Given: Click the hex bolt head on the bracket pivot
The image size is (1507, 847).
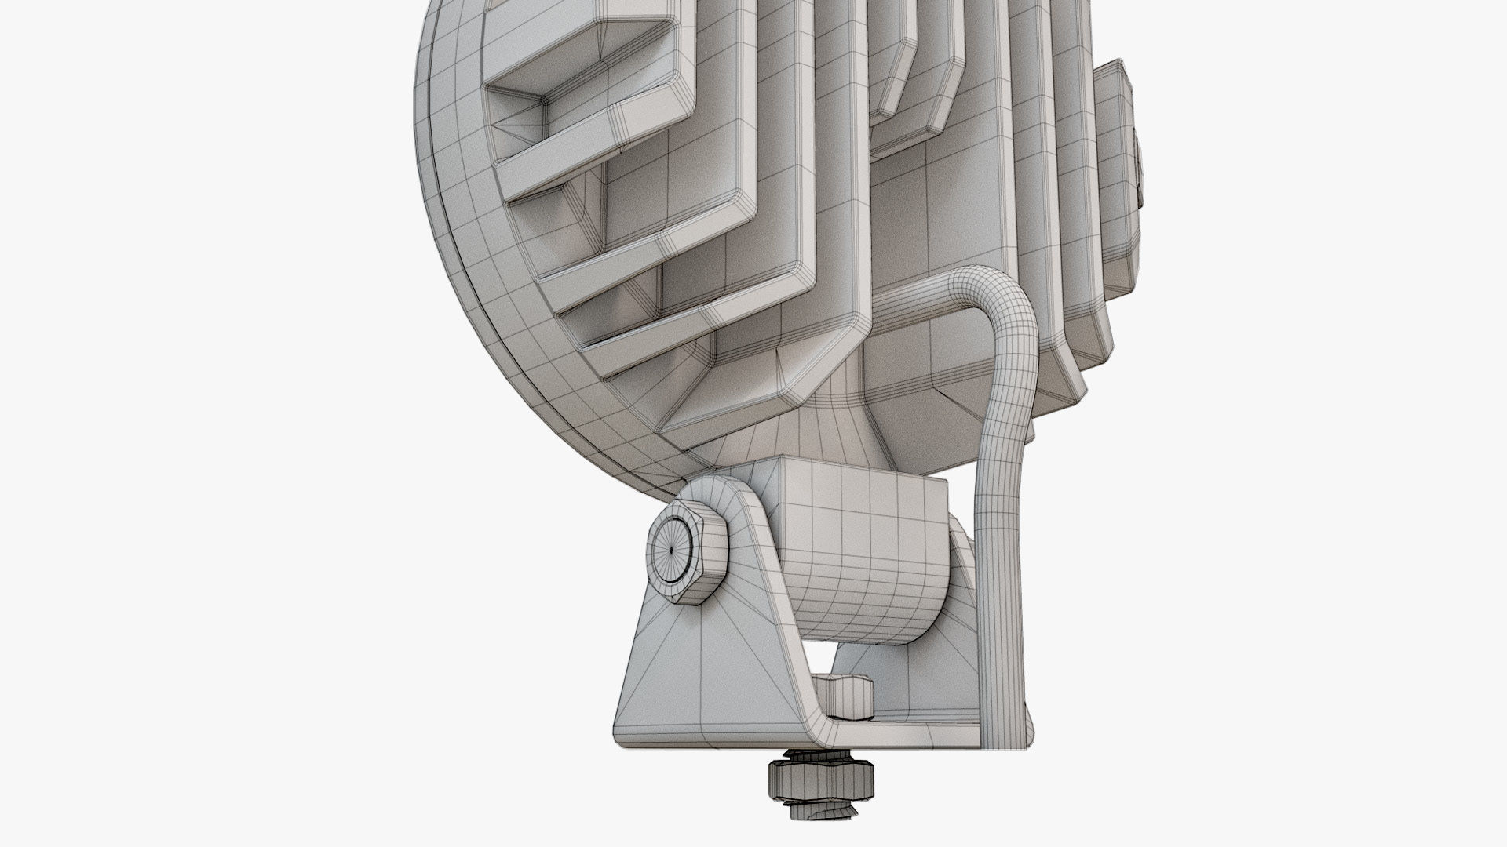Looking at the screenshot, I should coord(688,548).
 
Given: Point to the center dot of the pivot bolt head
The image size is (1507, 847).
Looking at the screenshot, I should coord(673,548).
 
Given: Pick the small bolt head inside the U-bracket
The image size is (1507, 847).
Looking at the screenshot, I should coord(852,693).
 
